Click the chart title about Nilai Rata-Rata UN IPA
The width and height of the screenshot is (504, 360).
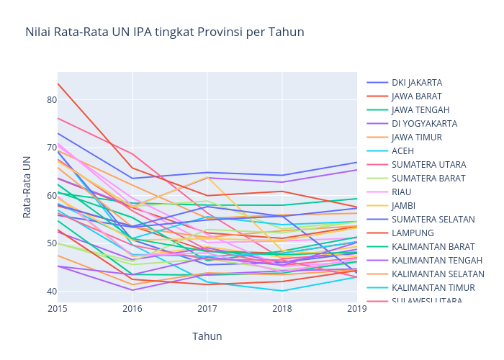coord(164,32)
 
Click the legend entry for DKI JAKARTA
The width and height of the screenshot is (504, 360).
coord(416,83)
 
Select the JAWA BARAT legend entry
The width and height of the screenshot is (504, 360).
coord(416,96)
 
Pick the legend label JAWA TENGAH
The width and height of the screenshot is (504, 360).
coord(420,110)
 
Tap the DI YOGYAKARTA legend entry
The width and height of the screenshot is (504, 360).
coord(423,124)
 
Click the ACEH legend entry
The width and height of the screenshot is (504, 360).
coord(403,151)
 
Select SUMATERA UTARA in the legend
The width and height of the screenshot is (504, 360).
coord(428,165)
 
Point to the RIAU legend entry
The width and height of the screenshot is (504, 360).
coord(402,192)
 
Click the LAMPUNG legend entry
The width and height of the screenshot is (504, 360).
coord(412,233)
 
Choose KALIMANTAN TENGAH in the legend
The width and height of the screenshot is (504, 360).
coord(437,261)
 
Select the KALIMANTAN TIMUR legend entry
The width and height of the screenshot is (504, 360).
coord(433,288)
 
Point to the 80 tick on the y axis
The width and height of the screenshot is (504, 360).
coord(52,100)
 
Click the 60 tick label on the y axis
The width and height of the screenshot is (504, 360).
coord(52,196)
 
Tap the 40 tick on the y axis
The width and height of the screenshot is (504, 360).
coord(52,292)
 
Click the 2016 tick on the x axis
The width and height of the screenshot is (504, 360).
coord(132,309)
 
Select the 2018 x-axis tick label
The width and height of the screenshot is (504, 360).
coord(282,309)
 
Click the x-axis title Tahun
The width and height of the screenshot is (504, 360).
coord(207,336)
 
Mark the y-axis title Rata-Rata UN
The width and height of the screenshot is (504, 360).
coord(27,186)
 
